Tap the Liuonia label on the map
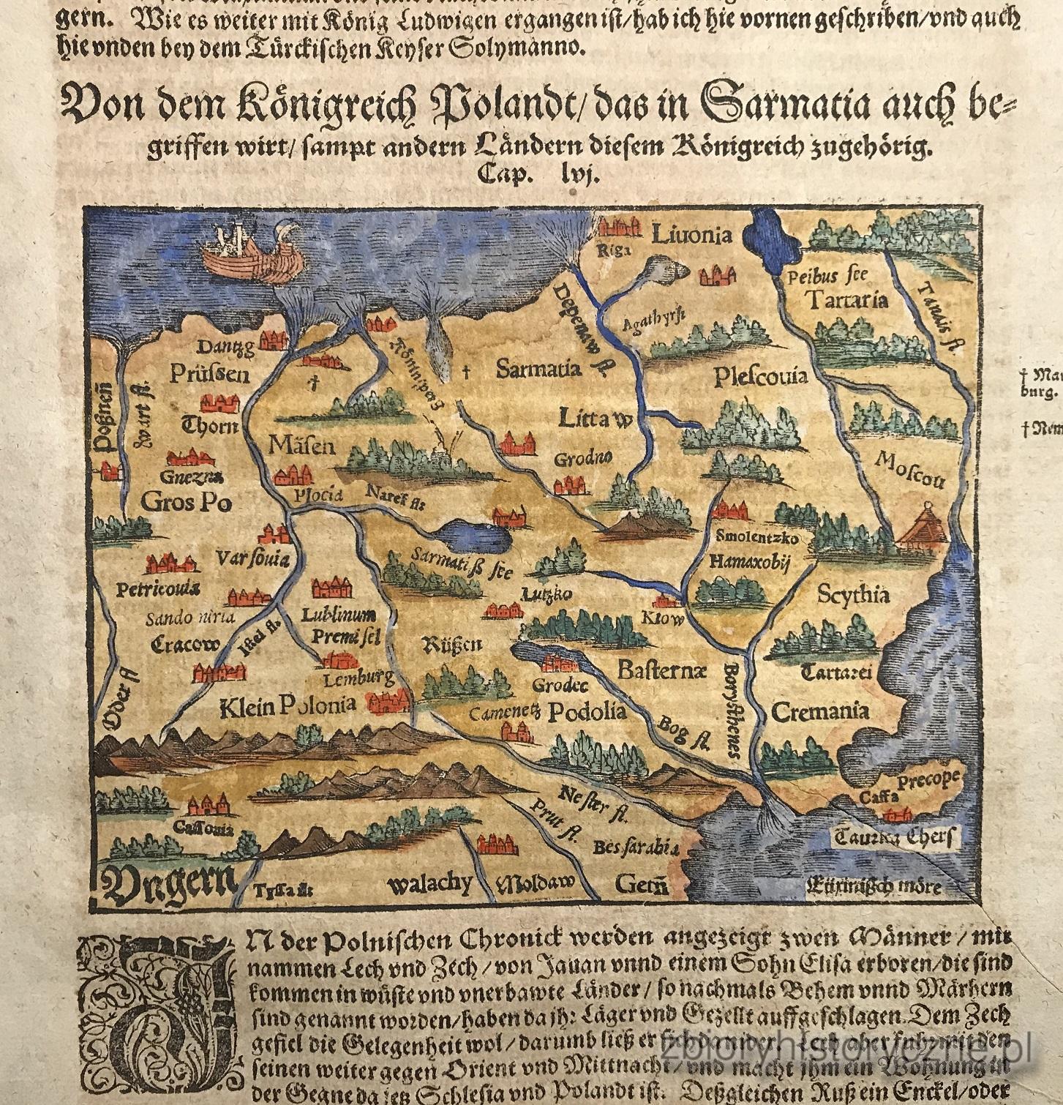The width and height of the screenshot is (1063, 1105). pyautogui.click(x=691, y=235)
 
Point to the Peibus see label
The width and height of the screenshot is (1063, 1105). pyautogui.click(x=827, y=277)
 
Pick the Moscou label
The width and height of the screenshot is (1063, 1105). pyautogui.click(x=909, y=470)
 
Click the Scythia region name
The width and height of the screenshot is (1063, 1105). pyautogui.click(x=854, y=594)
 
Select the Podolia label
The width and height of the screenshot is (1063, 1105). pyautogui.click(x=587, y=711)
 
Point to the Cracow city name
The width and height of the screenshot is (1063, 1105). pyautogui.click(x=185, y=645)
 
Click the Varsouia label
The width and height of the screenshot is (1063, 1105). pyautogui.click(x=253, y=560)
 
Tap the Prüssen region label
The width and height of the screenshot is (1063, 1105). pyautogui.click(x=210, y=375)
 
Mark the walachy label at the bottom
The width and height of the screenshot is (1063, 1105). pyautogui.click(x=429, y=884)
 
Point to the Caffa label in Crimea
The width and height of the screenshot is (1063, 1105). pyautogui.click(x=879, y=797)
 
